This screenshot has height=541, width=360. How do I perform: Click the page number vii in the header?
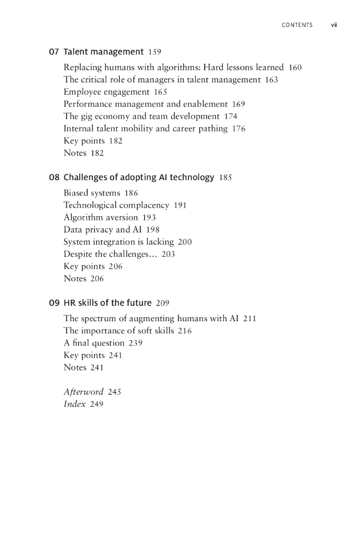point(334,25)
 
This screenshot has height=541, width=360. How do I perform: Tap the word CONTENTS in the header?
point(297,25)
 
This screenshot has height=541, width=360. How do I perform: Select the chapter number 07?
point(53,52)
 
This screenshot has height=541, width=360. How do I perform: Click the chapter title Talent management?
point(103,52)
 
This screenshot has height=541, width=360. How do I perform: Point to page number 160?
point(295,68)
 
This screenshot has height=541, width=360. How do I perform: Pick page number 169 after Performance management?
point(239,104)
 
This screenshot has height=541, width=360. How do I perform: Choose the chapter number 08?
point(53,178)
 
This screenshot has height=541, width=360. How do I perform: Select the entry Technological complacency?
point(116,206)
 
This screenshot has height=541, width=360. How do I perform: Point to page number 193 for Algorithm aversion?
point(149,218)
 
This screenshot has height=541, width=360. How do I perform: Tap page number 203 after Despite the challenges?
point(168,254)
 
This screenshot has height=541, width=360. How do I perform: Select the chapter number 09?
point(53,303)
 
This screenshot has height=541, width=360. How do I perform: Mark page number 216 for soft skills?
point(185,331)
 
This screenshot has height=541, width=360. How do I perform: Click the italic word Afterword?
point(83,392)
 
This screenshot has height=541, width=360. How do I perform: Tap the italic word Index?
point(74,404)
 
